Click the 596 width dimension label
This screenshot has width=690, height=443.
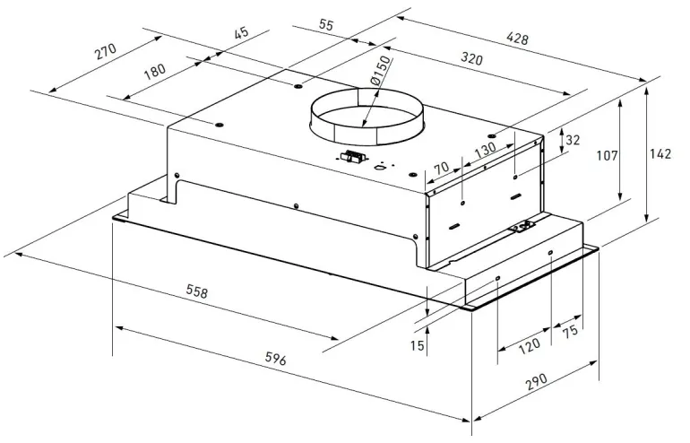(275, 360)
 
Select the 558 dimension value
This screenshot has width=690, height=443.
(197, 291)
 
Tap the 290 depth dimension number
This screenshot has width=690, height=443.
(536, 383)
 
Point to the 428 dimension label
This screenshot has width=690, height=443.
(518, 39)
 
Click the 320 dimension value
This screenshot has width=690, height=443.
(473, 60)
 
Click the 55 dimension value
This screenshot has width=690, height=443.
(325, 25)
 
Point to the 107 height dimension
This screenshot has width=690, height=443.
(608, 156)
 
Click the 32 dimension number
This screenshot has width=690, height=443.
(574, 140)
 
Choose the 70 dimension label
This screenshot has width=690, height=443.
(441, 168)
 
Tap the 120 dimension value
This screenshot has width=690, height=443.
(529, 344)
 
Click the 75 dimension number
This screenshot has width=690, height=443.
(569, 332)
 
